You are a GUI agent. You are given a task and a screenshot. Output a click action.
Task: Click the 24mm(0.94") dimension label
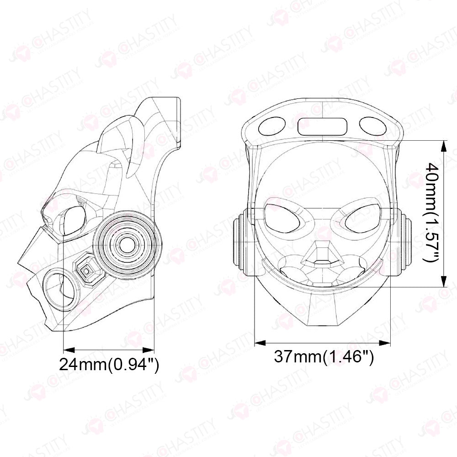coord(109,364)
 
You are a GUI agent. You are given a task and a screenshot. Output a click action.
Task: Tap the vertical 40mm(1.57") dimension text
coord(431,213)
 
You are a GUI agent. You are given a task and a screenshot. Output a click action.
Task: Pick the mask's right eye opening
coord(363,219)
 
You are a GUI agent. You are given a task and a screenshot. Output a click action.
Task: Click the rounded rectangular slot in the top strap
coord(322,127)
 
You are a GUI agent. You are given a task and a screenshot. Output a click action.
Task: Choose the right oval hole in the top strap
coord(373,126)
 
